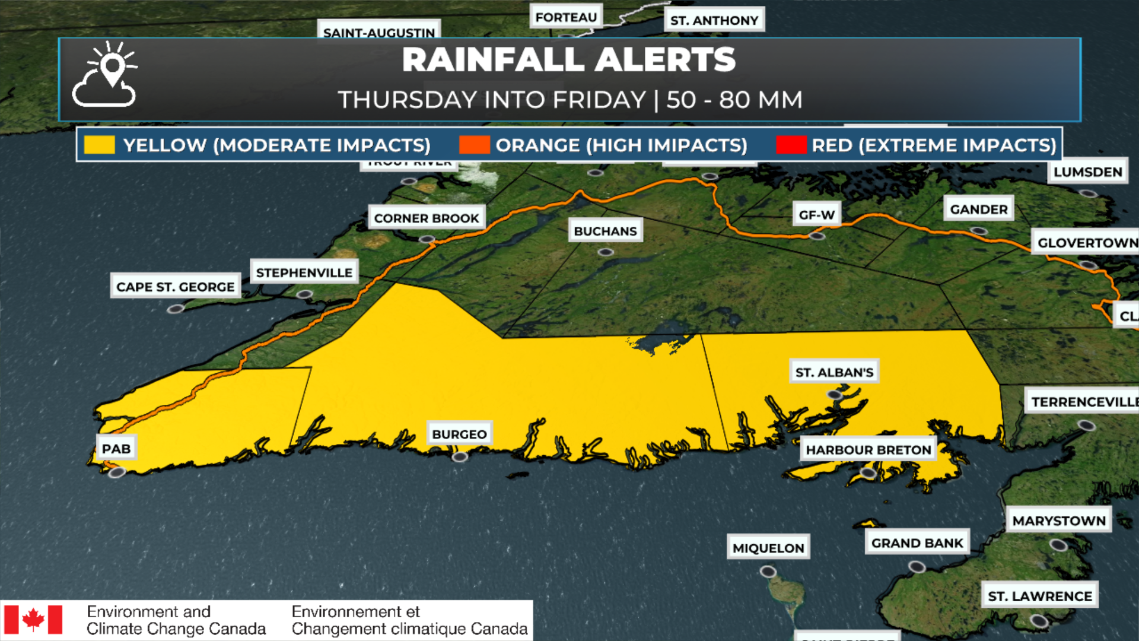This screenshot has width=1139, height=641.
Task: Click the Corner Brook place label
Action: tap(426, 218)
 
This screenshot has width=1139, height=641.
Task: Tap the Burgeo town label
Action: tap(459, 434)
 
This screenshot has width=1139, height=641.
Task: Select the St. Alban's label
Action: tap(834, 372)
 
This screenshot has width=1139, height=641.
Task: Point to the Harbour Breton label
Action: tap(868, 450)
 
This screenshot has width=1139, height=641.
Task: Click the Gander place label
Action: tap(978, 209)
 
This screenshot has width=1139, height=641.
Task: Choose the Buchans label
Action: tap(605, 231)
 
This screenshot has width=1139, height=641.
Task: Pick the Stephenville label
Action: tap(304, 272)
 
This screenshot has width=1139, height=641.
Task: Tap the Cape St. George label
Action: tap(175, 287)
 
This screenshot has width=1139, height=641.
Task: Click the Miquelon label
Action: tap(768, 548)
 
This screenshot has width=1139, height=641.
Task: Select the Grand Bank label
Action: tap(917, 542)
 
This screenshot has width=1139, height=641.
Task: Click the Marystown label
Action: tap(1059, 521)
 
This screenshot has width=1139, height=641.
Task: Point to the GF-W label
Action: tap(816, 215)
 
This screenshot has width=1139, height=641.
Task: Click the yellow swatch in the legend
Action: tap(99, 145)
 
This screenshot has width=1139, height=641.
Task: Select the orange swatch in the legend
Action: tap(474, 145)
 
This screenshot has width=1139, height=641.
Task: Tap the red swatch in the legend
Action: tap(791, 145)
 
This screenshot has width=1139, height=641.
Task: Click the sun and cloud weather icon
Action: tap(105, 75)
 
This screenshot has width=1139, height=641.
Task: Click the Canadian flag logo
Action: tap(33, 620)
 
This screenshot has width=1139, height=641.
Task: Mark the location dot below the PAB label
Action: tap(117, 472)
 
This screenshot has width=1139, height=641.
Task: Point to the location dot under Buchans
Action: tap(605, 252)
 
